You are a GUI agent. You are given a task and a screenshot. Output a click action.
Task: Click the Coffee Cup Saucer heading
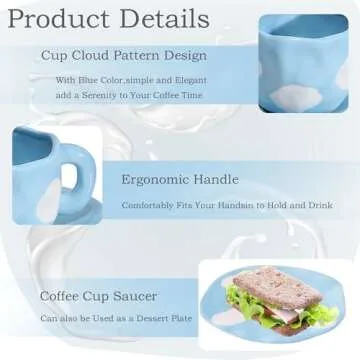point(98,297)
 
